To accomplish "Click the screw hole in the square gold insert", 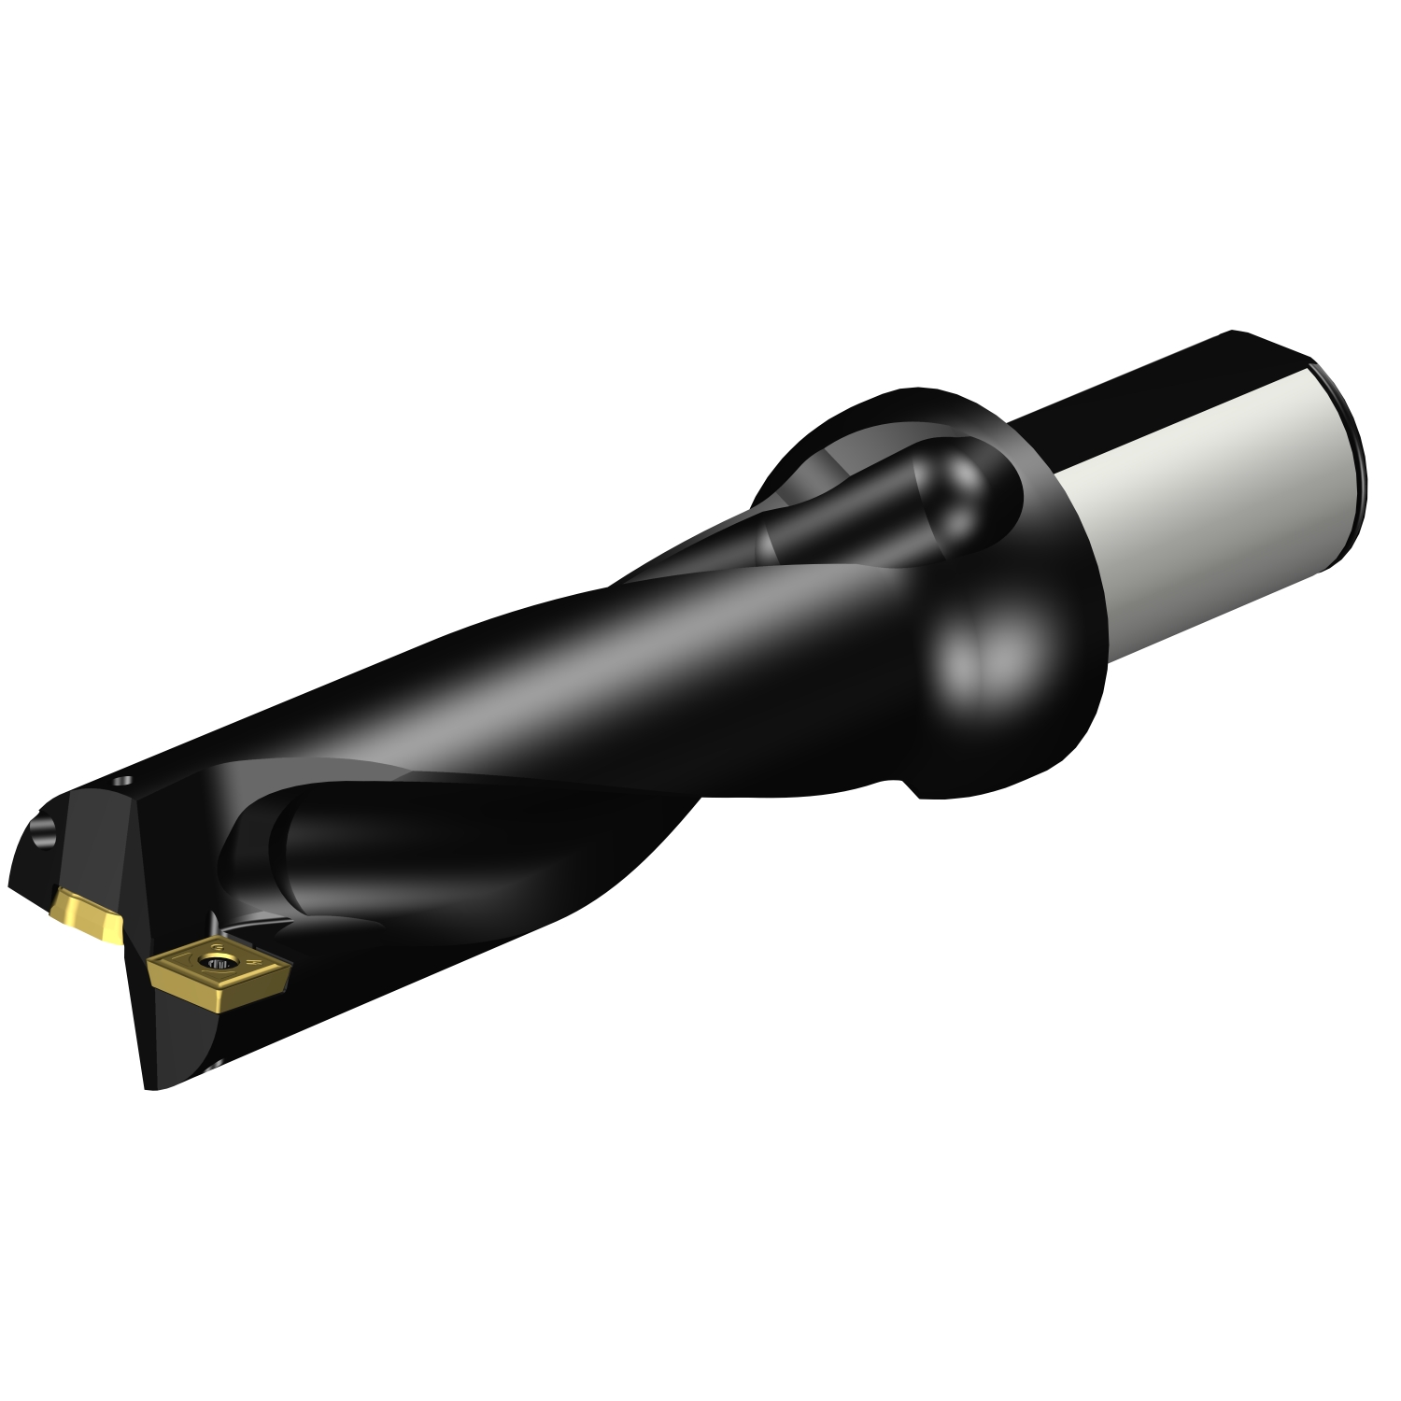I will coord(219,963).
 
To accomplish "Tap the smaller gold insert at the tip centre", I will coord(86,915).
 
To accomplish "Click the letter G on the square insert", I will coord(217,946).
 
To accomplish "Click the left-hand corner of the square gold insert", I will coord(150,962).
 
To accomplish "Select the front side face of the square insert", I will coord(187,990).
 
